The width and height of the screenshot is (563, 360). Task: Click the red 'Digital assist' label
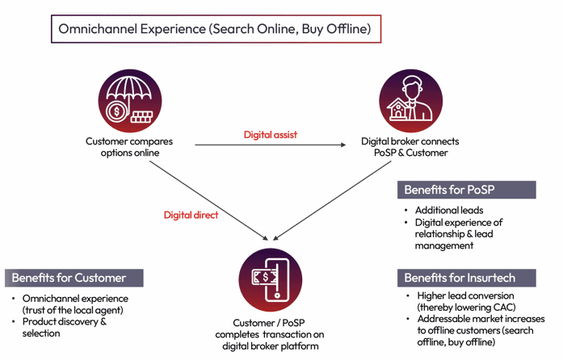(x=270, y=135)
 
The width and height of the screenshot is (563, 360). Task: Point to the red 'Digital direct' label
(x=191, y=215)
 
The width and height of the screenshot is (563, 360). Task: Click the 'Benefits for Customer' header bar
(x=73, y=278)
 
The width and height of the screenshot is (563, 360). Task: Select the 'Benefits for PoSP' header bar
(x=467, y=190)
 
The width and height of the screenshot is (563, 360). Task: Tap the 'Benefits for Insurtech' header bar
(x=467, y=278)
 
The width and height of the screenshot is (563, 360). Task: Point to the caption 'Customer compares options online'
(x=129, y=147)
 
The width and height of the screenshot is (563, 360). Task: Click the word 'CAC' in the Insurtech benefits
(x=506, y=307)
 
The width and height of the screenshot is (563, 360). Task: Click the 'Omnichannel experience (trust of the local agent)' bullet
(x=75, y=304)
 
